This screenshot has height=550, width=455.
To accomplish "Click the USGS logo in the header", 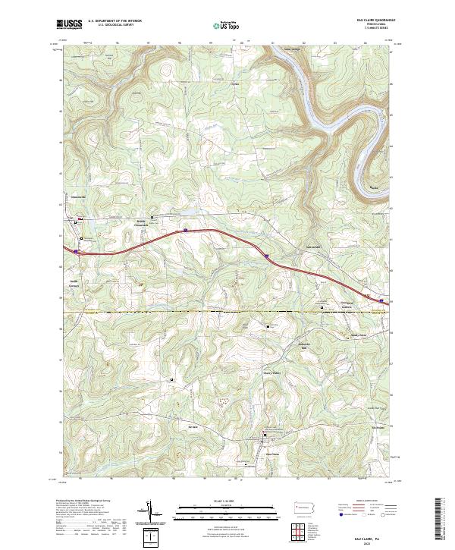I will pos(70,24).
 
